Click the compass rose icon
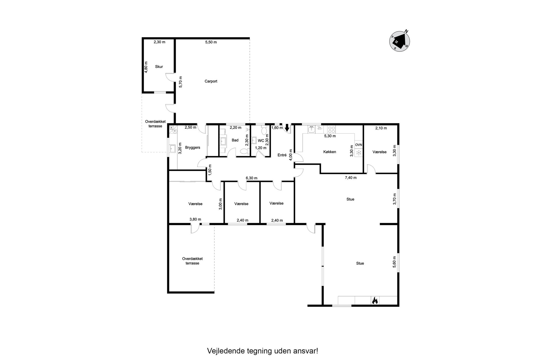pos(400,41)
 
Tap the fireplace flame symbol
pos(375,300)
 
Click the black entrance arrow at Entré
pos(287,127)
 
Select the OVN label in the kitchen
pos(359,145)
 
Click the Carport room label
pos(211,81)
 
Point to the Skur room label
pos(159,67)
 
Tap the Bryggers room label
pos(193,148)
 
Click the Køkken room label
pos(330,152)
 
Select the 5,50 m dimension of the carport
pos(211,42)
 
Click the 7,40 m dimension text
pos(351,178)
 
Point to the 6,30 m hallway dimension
pos(251,178)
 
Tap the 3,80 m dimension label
pos(195,219)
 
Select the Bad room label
pos(235,140)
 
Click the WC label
pos(261,141)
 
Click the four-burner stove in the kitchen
pos(332,129)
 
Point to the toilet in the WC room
pos(264,131)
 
